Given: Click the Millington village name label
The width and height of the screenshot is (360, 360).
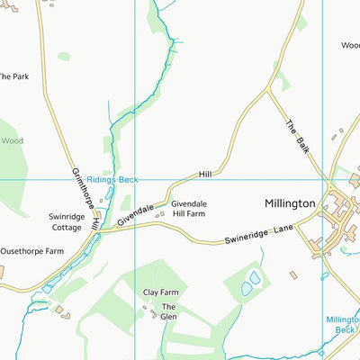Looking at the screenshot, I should pos(290,204).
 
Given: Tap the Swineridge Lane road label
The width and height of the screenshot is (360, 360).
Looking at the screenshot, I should pos(260,236).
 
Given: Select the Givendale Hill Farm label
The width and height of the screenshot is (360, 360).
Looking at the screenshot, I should pos(189,210).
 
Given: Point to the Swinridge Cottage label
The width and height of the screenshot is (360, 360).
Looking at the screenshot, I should pos(67,222).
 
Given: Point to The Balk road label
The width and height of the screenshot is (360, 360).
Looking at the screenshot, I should pos(297,137).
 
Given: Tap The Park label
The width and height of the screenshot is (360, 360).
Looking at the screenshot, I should pos(13,77).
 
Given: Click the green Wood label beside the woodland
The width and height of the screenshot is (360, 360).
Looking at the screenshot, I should pos(12,141).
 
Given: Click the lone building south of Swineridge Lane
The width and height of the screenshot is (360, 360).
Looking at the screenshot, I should pos(293,274).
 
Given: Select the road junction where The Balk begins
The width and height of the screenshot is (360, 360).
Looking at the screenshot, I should pos(268,90).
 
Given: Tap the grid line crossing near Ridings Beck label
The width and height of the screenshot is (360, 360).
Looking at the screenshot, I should pos(134,179).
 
